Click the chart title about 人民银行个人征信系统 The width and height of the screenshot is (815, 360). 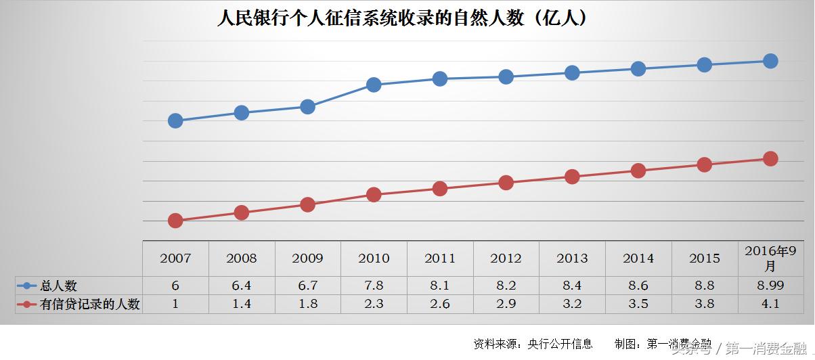tap(402, 18)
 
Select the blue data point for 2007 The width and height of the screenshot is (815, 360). tap(175, 121)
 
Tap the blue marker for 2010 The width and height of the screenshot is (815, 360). tap(374, 85)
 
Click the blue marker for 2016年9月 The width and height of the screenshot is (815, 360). tap(770, 61)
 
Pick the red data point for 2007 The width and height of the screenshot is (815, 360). tap(175, 221)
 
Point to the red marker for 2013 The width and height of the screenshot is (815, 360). tap(572, 177)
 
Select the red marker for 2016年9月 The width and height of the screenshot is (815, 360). tap(770, 159)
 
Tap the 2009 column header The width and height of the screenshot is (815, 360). tap(307, 258)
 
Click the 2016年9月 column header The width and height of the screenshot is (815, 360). tap(770, 258)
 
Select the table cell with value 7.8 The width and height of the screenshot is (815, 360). tap(374, 286)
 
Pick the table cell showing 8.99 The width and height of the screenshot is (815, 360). tap(770, 286)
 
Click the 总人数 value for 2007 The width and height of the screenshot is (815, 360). tap(175, 286)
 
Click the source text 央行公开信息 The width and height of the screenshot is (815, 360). tap(560, 344)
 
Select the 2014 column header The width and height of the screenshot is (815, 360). tap(638, 258)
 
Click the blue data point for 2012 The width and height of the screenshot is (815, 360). tap(506, 77)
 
